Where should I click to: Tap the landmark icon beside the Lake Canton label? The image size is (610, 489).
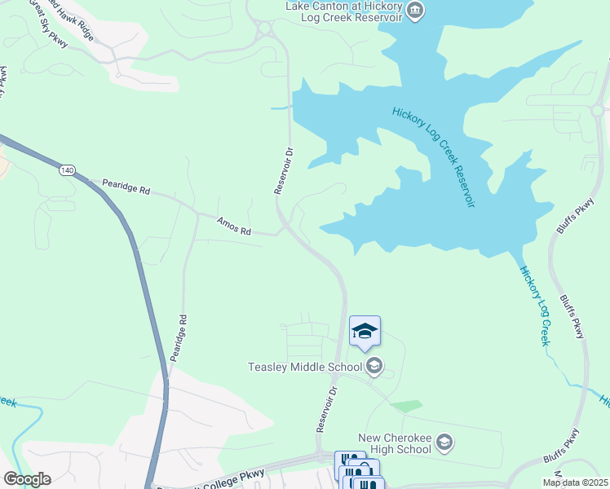tap(415, 11)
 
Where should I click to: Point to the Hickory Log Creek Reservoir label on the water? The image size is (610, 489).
tap(433, 156)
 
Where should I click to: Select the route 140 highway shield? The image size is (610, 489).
tap(67, 170)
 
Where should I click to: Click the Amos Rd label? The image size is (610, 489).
tap(234, 226)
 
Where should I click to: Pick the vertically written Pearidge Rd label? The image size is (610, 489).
tap(179, 338)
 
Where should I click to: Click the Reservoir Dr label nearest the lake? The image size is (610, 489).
tap(282, 170)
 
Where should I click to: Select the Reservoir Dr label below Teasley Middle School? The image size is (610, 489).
tap(326, 410)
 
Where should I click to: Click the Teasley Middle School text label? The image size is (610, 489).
tap(305, 367)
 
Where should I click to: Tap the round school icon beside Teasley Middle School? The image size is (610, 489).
tap(374, 365)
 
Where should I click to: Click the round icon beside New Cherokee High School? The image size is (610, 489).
tap(444, 443)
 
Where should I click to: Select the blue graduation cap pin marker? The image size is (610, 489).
tap(365, 331)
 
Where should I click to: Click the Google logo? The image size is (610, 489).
tap(27, 479)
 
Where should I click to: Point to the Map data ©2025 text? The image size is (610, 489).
tap(574, 482)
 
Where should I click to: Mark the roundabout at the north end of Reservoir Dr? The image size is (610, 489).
tap(264, 31)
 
